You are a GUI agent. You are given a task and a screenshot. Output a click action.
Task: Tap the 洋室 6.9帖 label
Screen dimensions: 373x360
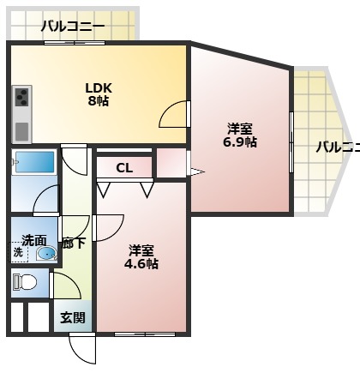tap(239, 135)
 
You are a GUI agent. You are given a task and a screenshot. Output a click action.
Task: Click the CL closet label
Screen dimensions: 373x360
tap(123, 167)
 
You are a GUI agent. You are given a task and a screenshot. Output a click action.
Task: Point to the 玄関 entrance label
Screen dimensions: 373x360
tap(73, 317)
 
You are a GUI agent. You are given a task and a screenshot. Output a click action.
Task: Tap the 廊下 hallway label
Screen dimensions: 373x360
tap(73, 242)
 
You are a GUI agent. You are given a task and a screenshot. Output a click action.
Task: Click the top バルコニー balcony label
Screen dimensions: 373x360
tap(73, 27)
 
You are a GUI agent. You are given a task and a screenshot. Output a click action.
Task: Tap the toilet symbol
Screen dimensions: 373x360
tap(26, 281)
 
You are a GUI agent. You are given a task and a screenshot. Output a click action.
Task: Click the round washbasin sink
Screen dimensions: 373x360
tap(48, 254)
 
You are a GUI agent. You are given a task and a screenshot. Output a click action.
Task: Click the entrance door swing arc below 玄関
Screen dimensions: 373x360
tap(83, 347)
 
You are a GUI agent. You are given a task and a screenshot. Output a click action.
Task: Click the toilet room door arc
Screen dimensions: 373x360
tap(63, 286)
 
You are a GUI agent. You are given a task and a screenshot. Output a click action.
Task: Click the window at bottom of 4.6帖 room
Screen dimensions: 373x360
tap(142, 333)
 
